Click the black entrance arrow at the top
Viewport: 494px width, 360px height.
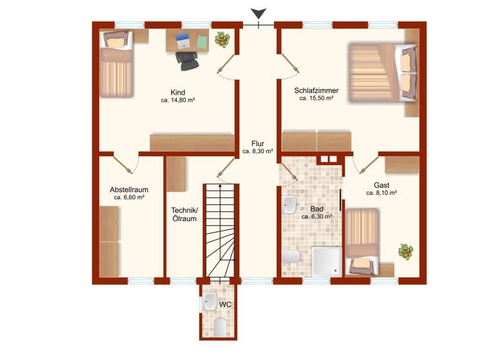pos(258,14)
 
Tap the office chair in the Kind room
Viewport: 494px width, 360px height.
pos(187,60)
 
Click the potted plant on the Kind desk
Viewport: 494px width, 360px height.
pos(222,40)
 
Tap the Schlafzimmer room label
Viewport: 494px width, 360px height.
pos(316,91)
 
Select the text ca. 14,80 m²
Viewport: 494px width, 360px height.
pos(178,101)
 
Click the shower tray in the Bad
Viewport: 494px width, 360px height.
pos(326,260)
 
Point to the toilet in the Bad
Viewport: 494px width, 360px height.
pos(291,258)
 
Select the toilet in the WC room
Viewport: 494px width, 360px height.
pos(219,327)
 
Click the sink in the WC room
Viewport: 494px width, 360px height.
pos(209,301)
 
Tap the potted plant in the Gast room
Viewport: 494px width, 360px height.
pos(405,250)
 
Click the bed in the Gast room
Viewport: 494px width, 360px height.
pos(363,241)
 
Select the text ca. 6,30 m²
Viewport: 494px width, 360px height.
pos(316,217)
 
